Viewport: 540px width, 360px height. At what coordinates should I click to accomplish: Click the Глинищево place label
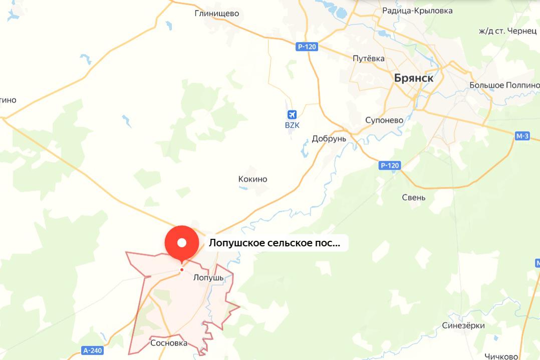click(x=216, y=14)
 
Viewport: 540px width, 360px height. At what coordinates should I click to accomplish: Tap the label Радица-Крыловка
click(x=417, y=11)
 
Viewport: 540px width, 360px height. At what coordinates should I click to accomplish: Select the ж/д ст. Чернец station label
click(x=507, y=31)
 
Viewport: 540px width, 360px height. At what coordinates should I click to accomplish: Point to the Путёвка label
click(x=369, y=59)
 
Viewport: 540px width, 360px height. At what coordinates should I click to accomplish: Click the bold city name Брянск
click(x=413, y=78)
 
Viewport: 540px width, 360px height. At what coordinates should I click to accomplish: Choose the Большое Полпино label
click(x=503, y=85)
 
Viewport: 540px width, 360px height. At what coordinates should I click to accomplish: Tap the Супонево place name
click(x=384, y=120)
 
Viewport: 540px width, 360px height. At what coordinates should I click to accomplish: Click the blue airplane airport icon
click(x=293, y=114)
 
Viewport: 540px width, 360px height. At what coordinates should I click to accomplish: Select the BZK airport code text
click(x=292, y=125)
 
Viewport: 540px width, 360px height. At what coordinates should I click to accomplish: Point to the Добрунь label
click(x=329, y=139)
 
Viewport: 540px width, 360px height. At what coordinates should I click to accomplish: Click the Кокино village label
click(x=252, y=179)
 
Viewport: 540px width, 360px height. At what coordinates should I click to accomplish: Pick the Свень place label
click(x=414, y=197)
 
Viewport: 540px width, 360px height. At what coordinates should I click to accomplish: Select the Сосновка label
click(x=169, y=343)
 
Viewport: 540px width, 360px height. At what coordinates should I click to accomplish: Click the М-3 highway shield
click(x=522, y=136)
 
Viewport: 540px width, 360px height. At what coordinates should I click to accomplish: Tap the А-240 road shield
click(x=93, y=350)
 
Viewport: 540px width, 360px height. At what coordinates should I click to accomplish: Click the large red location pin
click(x=182, y=243)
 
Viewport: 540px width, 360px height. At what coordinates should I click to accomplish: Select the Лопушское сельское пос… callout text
click(x=274, y=244)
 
